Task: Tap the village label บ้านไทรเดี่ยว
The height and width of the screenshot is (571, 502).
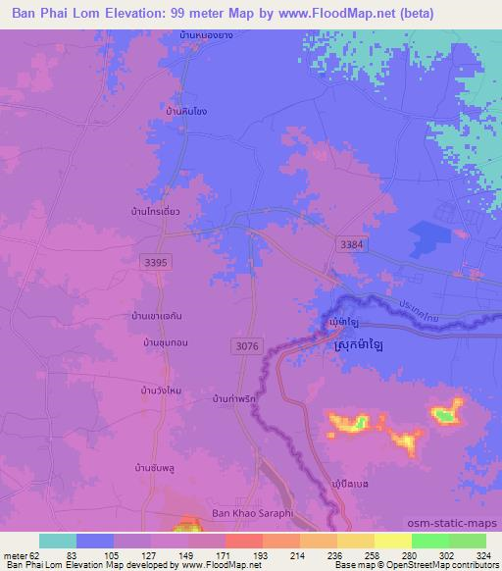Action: tap(147, 210)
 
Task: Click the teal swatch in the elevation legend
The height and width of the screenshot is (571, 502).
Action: tap(57, 541)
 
